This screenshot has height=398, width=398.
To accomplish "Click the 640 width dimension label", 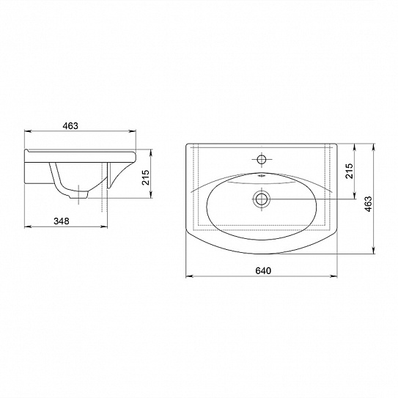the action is [x=263, y=270].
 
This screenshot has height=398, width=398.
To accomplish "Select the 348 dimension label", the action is [x=62, y=221].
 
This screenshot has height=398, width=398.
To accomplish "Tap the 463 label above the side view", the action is [x=70, y=126].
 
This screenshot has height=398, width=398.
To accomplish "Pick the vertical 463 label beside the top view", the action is [x=368, y=204].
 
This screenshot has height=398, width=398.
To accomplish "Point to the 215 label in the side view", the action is [x=145, y=177].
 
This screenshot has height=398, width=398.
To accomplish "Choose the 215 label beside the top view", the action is [x=349, y=171].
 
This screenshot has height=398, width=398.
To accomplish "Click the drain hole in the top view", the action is [x=261, y=199].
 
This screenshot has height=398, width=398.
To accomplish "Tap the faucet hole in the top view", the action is [x=262, y=159].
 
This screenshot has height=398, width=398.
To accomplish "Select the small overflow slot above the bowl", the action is [x=261, y=175].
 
